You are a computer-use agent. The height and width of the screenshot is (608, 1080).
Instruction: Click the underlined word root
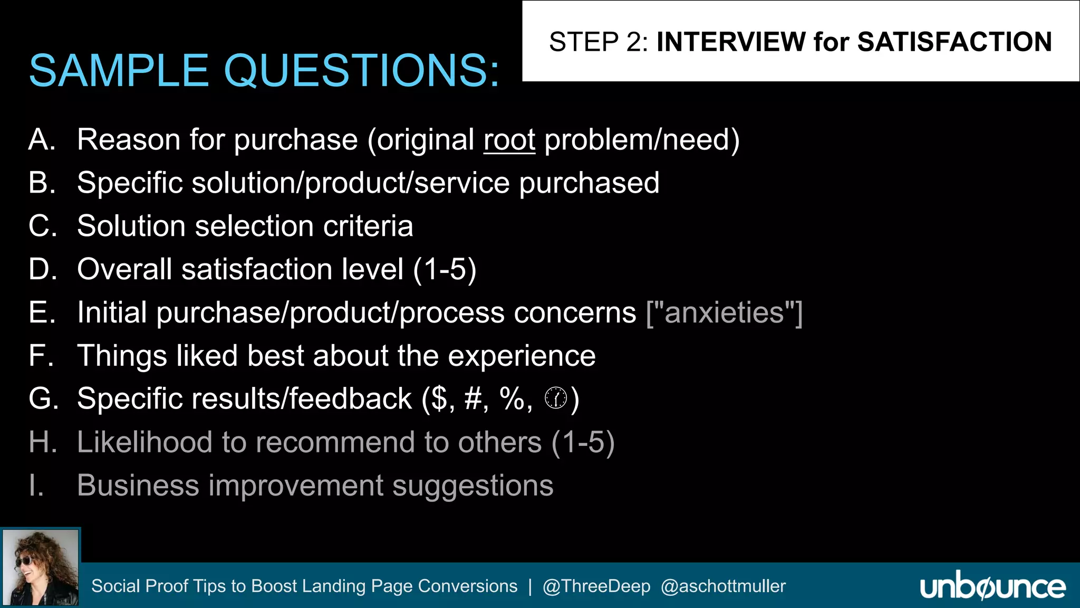[509, 140]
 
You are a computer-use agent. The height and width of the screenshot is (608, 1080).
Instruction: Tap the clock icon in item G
[556, 398]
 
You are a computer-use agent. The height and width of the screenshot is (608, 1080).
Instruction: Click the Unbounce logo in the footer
[992, 586]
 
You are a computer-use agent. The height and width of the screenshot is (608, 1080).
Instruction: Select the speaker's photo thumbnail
[41, 567]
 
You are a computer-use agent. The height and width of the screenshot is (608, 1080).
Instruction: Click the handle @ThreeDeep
[596, 586]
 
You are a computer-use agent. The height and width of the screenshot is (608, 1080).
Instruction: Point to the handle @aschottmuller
[723, 586]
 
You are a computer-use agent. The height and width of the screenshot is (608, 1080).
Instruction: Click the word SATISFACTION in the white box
[954, 42]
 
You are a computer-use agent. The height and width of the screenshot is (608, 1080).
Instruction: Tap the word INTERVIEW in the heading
[731, 42]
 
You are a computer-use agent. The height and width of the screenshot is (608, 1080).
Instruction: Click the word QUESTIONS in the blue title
[361, 71]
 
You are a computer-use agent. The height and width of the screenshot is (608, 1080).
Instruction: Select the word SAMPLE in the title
[119, 71]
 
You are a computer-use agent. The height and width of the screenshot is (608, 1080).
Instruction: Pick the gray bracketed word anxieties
[725, 312]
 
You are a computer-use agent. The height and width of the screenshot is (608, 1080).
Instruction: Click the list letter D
[42, 269]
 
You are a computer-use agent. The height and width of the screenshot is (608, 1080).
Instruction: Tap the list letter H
[42, 442]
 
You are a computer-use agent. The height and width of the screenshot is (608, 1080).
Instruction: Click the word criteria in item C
[368, 226]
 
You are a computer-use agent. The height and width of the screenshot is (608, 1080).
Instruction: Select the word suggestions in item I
[472, 486]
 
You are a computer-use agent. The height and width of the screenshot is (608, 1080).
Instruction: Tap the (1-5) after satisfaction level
[445, 270]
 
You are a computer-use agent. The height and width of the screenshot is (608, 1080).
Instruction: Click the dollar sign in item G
[439, 399]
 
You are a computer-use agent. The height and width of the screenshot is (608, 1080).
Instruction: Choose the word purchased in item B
[589, 183]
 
